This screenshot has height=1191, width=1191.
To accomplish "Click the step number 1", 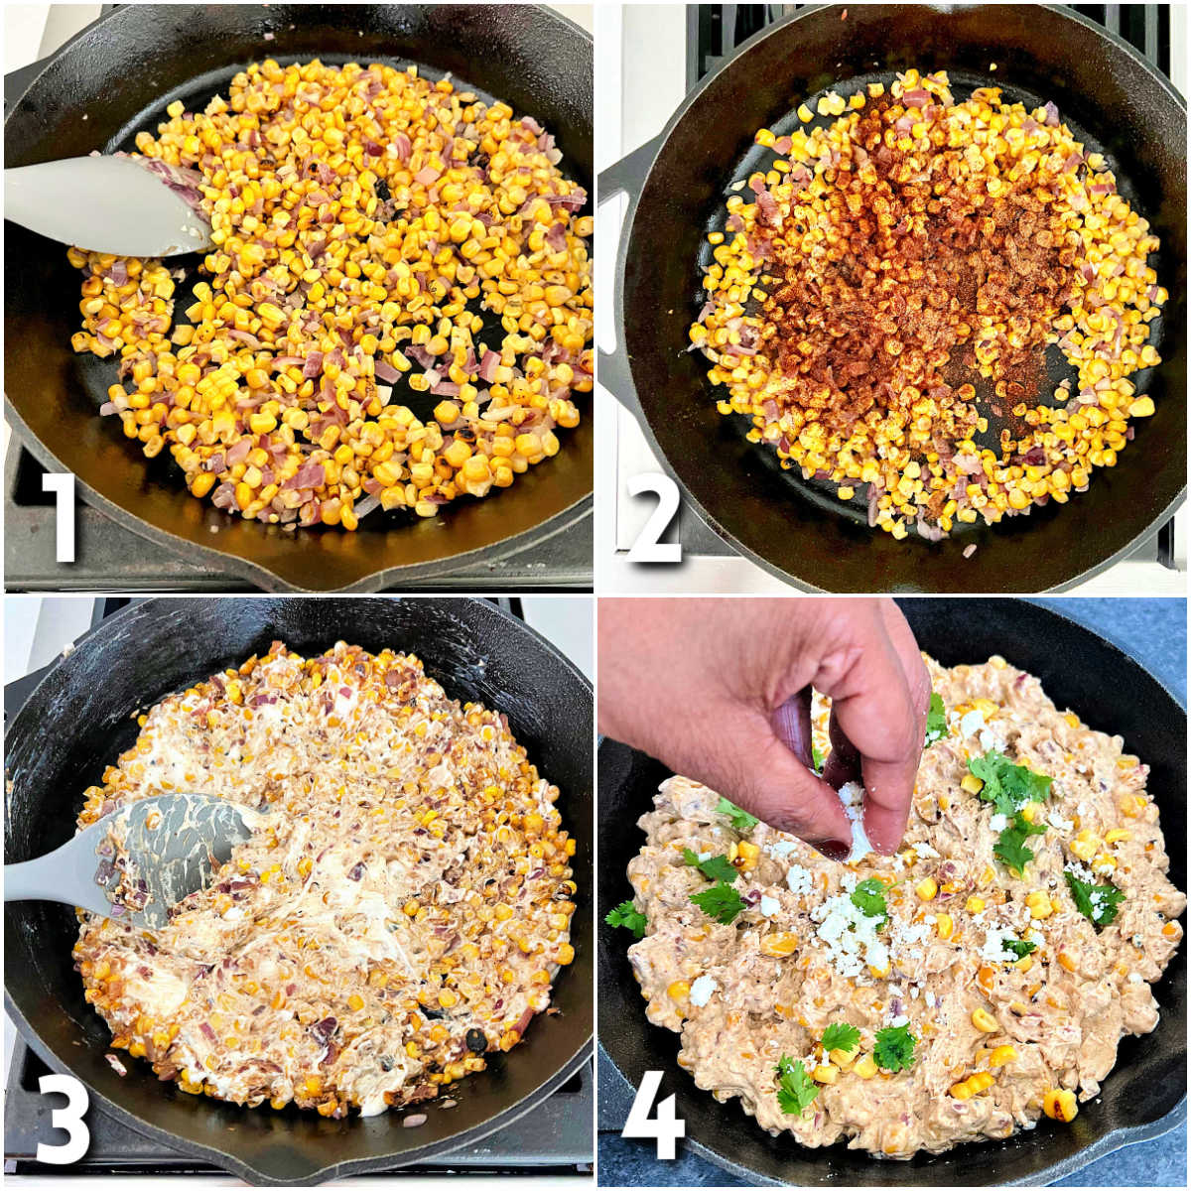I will [62, 516].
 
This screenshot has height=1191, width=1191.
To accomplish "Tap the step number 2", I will [653, 517].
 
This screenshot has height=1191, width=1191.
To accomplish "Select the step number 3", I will [62, 1119].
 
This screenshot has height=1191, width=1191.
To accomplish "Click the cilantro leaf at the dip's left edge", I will [626, 918].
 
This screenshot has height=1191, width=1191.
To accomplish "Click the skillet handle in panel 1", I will [20, 89].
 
